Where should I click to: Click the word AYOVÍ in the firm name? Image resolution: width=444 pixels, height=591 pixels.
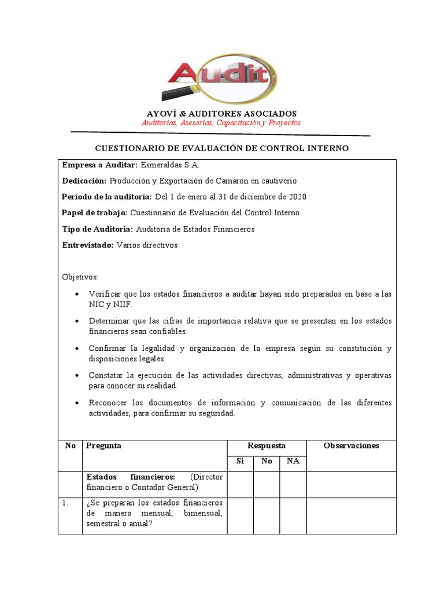click(159, 114)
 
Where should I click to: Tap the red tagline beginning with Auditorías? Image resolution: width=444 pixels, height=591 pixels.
click(221, 124)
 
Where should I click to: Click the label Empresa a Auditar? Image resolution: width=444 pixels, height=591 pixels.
click(100, 164)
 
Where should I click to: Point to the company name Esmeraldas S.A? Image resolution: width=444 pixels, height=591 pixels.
click(169, 164)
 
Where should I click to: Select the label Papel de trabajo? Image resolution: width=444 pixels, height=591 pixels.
click(95, 213)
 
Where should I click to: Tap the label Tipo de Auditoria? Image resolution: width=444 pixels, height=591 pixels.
click(97, 229)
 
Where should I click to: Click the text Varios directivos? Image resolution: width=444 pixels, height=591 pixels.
click(147, 245)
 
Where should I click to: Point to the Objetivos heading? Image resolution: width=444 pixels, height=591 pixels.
click(80, 277)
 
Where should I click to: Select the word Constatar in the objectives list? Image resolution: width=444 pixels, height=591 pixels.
click(106, 375)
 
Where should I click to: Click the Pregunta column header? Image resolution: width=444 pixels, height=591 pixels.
click(103, 446)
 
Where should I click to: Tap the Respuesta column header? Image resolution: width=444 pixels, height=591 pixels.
click(266, 446)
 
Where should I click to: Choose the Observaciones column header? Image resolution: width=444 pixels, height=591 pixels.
click(351, 446)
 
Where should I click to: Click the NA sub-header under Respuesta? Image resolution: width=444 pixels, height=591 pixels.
click(293, 461)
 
